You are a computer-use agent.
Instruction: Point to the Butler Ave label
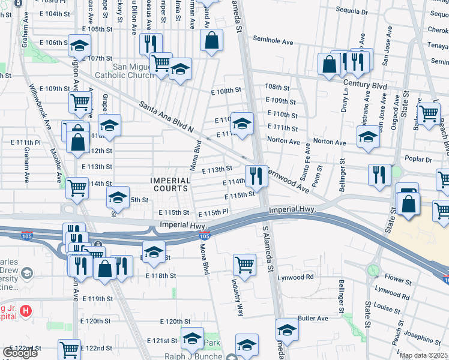point(313,318)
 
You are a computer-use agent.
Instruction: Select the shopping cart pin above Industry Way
point(244,264)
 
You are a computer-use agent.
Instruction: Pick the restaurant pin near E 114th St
point(256,175)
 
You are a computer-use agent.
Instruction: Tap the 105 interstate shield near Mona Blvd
point(204,234)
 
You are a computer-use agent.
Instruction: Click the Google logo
point(20,353)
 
